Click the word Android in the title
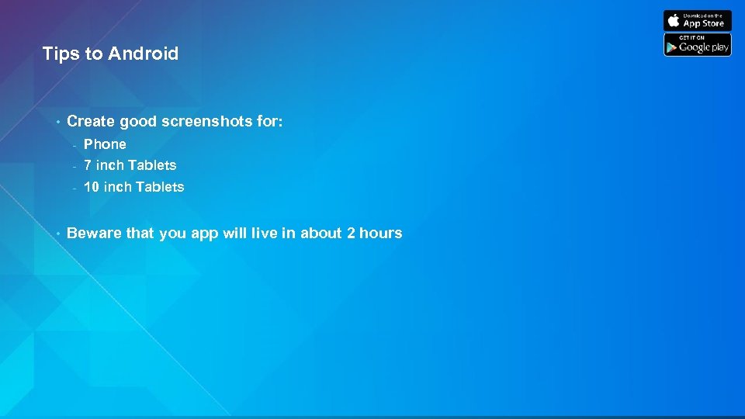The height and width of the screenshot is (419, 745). coord(144,54)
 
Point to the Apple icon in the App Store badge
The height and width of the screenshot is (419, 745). coord(674,20)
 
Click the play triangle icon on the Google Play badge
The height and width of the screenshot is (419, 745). coord(671,47)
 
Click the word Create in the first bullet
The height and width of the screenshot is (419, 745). coord(90,121)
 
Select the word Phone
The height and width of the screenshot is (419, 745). coord(105,144)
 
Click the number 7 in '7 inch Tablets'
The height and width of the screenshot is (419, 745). coord(88,164)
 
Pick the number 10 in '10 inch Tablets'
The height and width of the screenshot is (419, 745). coord(92,186)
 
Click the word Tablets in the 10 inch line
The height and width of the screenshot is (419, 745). coord(160,186)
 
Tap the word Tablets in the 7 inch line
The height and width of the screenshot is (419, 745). coord(152,164)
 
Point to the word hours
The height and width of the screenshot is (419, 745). coord(380,233)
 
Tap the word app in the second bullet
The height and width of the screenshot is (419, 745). coord(205,234)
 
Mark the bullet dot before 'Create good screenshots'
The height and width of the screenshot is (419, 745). coord(57,122)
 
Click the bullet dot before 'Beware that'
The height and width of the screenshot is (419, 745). coord(57,234)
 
